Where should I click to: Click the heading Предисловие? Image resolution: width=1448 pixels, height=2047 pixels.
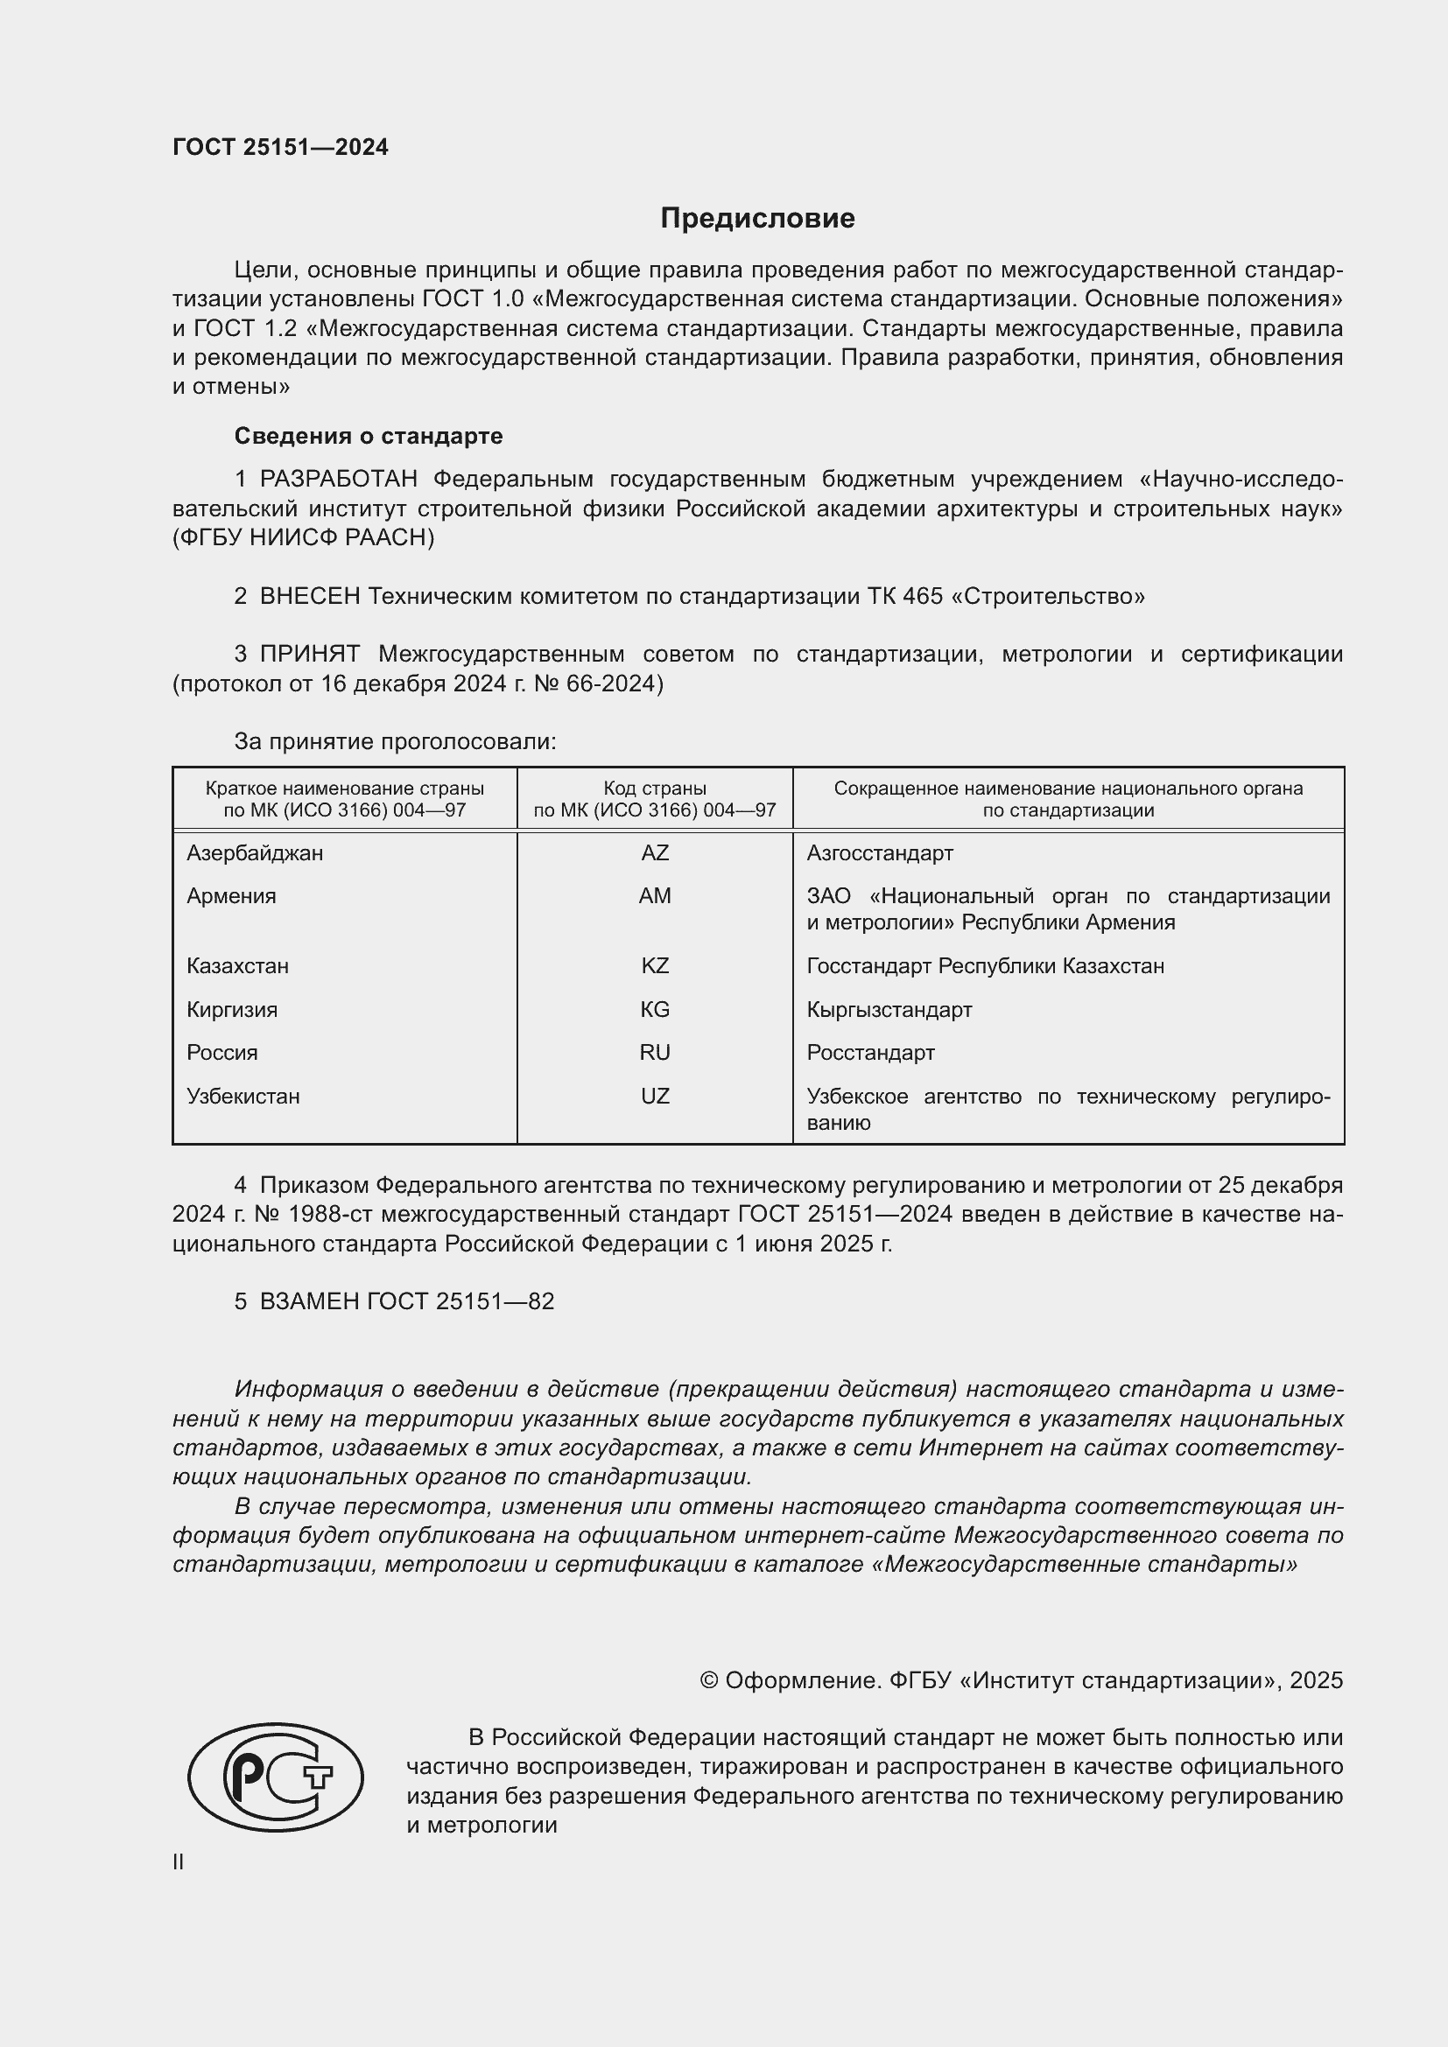point(757,219)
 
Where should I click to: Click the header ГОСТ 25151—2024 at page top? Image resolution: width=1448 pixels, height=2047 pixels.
point(280,147)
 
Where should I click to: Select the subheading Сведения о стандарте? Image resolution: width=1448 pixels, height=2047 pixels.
point(369,436)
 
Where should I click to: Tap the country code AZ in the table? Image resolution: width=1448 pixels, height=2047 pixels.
point(655,853)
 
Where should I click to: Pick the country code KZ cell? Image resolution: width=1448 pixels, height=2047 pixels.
point(655,965)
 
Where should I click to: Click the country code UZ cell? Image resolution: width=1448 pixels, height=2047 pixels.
point(655,1096)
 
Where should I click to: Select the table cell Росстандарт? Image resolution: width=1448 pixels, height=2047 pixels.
point(870,1052)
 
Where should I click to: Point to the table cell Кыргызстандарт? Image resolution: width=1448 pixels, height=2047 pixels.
point(889,1009)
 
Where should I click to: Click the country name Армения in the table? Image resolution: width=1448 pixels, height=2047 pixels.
point(231,896)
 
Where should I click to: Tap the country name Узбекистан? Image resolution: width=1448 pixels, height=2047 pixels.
point(243,1096)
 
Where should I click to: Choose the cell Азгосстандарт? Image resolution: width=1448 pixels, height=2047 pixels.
point(879,853)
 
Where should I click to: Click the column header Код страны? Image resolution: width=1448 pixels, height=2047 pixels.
point(655,789)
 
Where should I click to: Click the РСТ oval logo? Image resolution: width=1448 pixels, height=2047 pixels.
point(276,1776)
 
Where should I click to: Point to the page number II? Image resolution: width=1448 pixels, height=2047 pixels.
point(179,1861)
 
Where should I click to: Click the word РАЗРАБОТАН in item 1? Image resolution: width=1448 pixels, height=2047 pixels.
point(338,480)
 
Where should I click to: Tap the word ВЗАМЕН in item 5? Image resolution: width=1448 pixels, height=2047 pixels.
point(309,1301)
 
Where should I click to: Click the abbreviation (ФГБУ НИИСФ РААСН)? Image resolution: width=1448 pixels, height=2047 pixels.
point(303,537)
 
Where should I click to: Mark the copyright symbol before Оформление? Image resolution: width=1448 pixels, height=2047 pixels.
point(709,1680)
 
